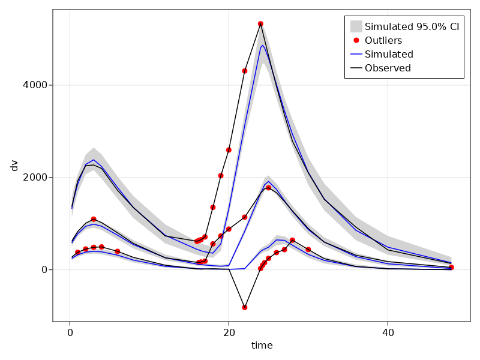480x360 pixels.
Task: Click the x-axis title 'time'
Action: [x=262, y=346]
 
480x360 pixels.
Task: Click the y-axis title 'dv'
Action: [x=14, y=165]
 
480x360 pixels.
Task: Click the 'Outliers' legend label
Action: [x=383, y=40]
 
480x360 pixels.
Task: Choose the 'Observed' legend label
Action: [x=388, y=68]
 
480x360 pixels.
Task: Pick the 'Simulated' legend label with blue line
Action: [x=389, y=54]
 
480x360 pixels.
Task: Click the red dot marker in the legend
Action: [x=356, y=40]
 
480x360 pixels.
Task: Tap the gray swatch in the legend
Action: [x=356, y=26]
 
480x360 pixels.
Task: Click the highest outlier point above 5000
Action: [x=260, y=23]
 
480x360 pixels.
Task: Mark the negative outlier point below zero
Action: [x=245, y=307]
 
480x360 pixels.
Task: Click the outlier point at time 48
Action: [x=451, y=267]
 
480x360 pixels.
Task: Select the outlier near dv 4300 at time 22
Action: [x=245, y=71]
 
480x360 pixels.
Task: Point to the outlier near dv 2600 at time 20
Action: [x=229, y=150]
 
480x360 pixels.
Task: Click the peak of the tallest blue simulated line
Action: [x=262, y=45]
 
